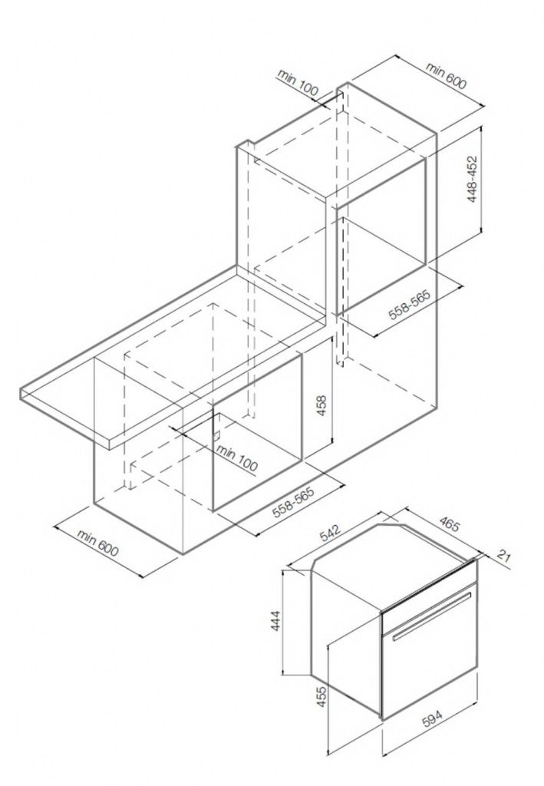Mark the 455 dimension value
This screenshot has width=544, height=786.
(x=322, y=697)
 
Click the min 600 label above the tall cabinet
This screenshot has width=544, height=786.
(x=447, y=74)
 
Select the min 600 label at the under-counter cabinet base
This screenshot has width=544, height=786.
(x=99, y=547)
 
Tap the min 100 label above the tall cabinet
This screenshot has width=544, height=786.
(x=298, y=83)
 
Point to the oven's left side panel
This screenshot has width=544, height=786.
(x=345, y=637)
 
